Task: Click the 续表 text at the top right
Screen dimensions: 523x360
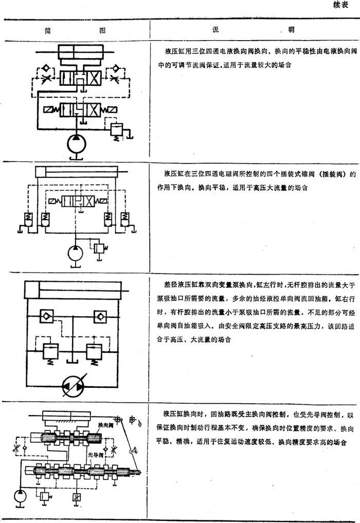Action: coord(341,7)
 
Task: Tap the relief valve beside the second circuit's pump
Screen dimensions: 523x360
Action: coord(99,247)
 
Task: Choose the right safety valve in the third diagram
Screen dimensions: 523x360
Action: coord(95,351)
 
